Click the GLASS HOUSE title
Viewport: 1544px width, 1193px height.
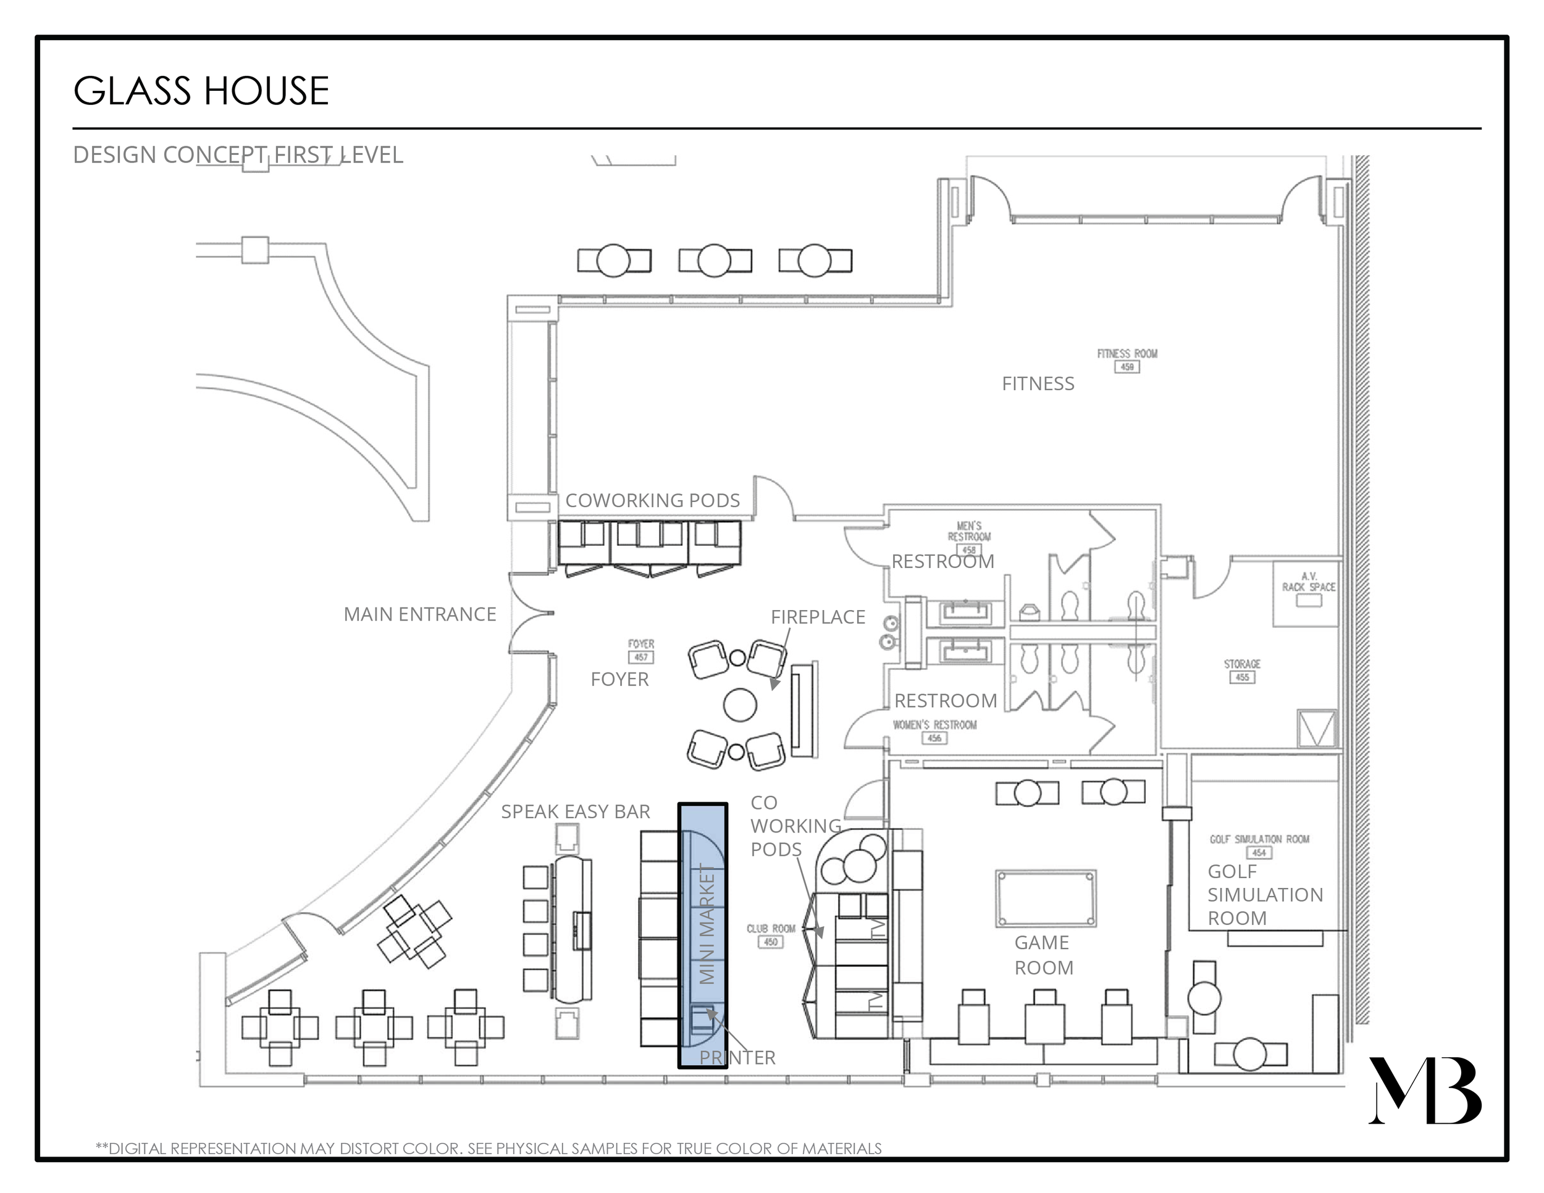pos(201,91)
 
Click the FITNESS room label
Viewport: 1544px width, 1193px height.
pos(1037,383)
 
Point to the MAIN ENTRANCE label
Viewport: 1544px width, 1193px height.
pos(419,614)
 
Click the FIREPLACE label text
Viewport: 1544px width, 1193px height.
pos(817,617)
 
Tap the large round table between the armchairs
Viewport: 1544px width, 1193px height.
pos(739,704)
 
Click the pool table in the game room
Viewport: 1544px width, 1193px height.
pos(1046,898)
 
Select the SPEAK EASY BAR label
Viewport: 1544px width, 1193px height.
pos(575,811)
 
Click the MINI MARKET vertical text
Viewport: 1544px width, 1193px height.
pos(707,923)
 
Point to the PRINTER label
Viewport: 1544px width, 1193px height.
pos(737,1057)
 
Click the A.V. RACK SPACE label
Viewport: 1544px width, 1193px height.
pos(1309,582)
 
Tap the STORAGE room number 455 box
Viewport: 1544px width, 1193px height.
pos(1242,677)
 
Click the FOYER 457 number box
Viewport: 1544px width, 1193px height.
pos(640,657)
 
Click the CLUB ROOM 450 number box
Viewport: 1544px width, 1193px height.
pos(770,942)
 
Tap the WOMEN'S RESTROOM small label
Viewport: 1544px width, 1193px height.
pos(934,725)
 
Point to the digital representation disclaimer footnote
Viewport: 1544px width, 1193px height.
pos(488,1149)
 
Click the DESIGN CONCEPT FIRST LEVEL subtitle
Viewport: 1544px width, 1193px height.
pos(238,155)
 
